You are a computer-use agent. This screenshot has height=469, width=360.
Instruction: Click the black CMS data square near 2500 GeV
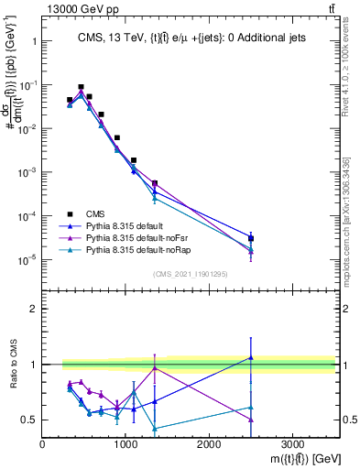pyautogui.click(x=251, y=239)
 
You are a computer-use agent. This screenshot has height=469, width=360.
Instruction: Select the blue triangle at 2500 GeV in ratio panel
pyautogui.click(x=251, y=358)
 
